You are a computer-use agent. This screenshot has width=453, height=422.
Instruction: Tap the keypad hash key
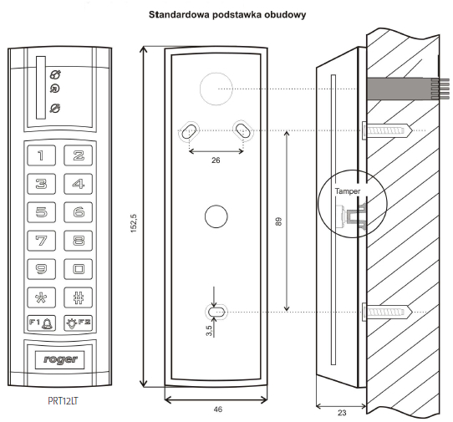[x=78, y=297]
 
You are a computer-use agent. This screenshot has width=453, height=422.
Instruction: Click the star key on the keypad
[x=41, y=297]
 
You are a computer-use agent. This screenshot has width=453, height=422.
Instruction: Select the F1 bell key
[x=41, y=323]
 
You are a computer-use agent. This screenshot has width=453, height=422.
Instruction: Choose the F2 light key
[x=78, y=323]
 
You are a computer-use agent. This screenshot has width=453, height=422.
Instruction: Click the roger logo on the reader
[x=60, y=359]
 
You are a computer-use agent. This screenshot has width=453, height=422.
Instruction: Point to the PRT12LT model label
[x=63, y=401]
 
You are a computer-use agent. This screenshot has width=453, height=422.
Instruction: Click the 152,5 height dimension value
[x=134, y=223]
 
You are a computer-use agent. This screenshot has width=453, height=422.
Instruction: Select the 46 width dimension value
[x=218, y=409]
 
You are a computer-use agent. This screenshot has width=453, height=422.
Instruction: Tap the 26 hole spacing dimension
[x=216, y=160]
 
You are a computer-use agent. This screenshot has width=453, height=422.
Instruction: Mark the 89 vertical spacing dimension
[x=278, y=221]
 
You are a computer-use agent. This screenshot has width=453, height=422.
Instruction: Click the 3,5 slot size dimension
[x=209, y=331]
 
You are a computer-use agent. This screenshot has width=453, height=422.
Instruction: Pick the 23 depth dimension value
[x=342, y=413]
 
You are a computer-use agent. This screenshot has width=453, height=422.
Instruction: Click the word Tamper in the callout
[x=348, y=191]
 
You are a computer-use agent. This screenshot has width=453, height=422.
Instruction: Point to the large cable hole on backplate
[x=216, y=89]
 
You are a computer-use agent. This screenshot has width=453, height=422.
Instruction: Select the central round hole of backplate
[x=216, y=216]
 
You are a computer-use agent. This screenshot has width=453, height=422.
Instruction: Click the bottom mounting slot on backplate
[x=216, y=312]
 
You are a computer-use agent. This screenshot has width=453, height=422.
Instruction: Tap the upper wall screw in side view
[x=386, y=130]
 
